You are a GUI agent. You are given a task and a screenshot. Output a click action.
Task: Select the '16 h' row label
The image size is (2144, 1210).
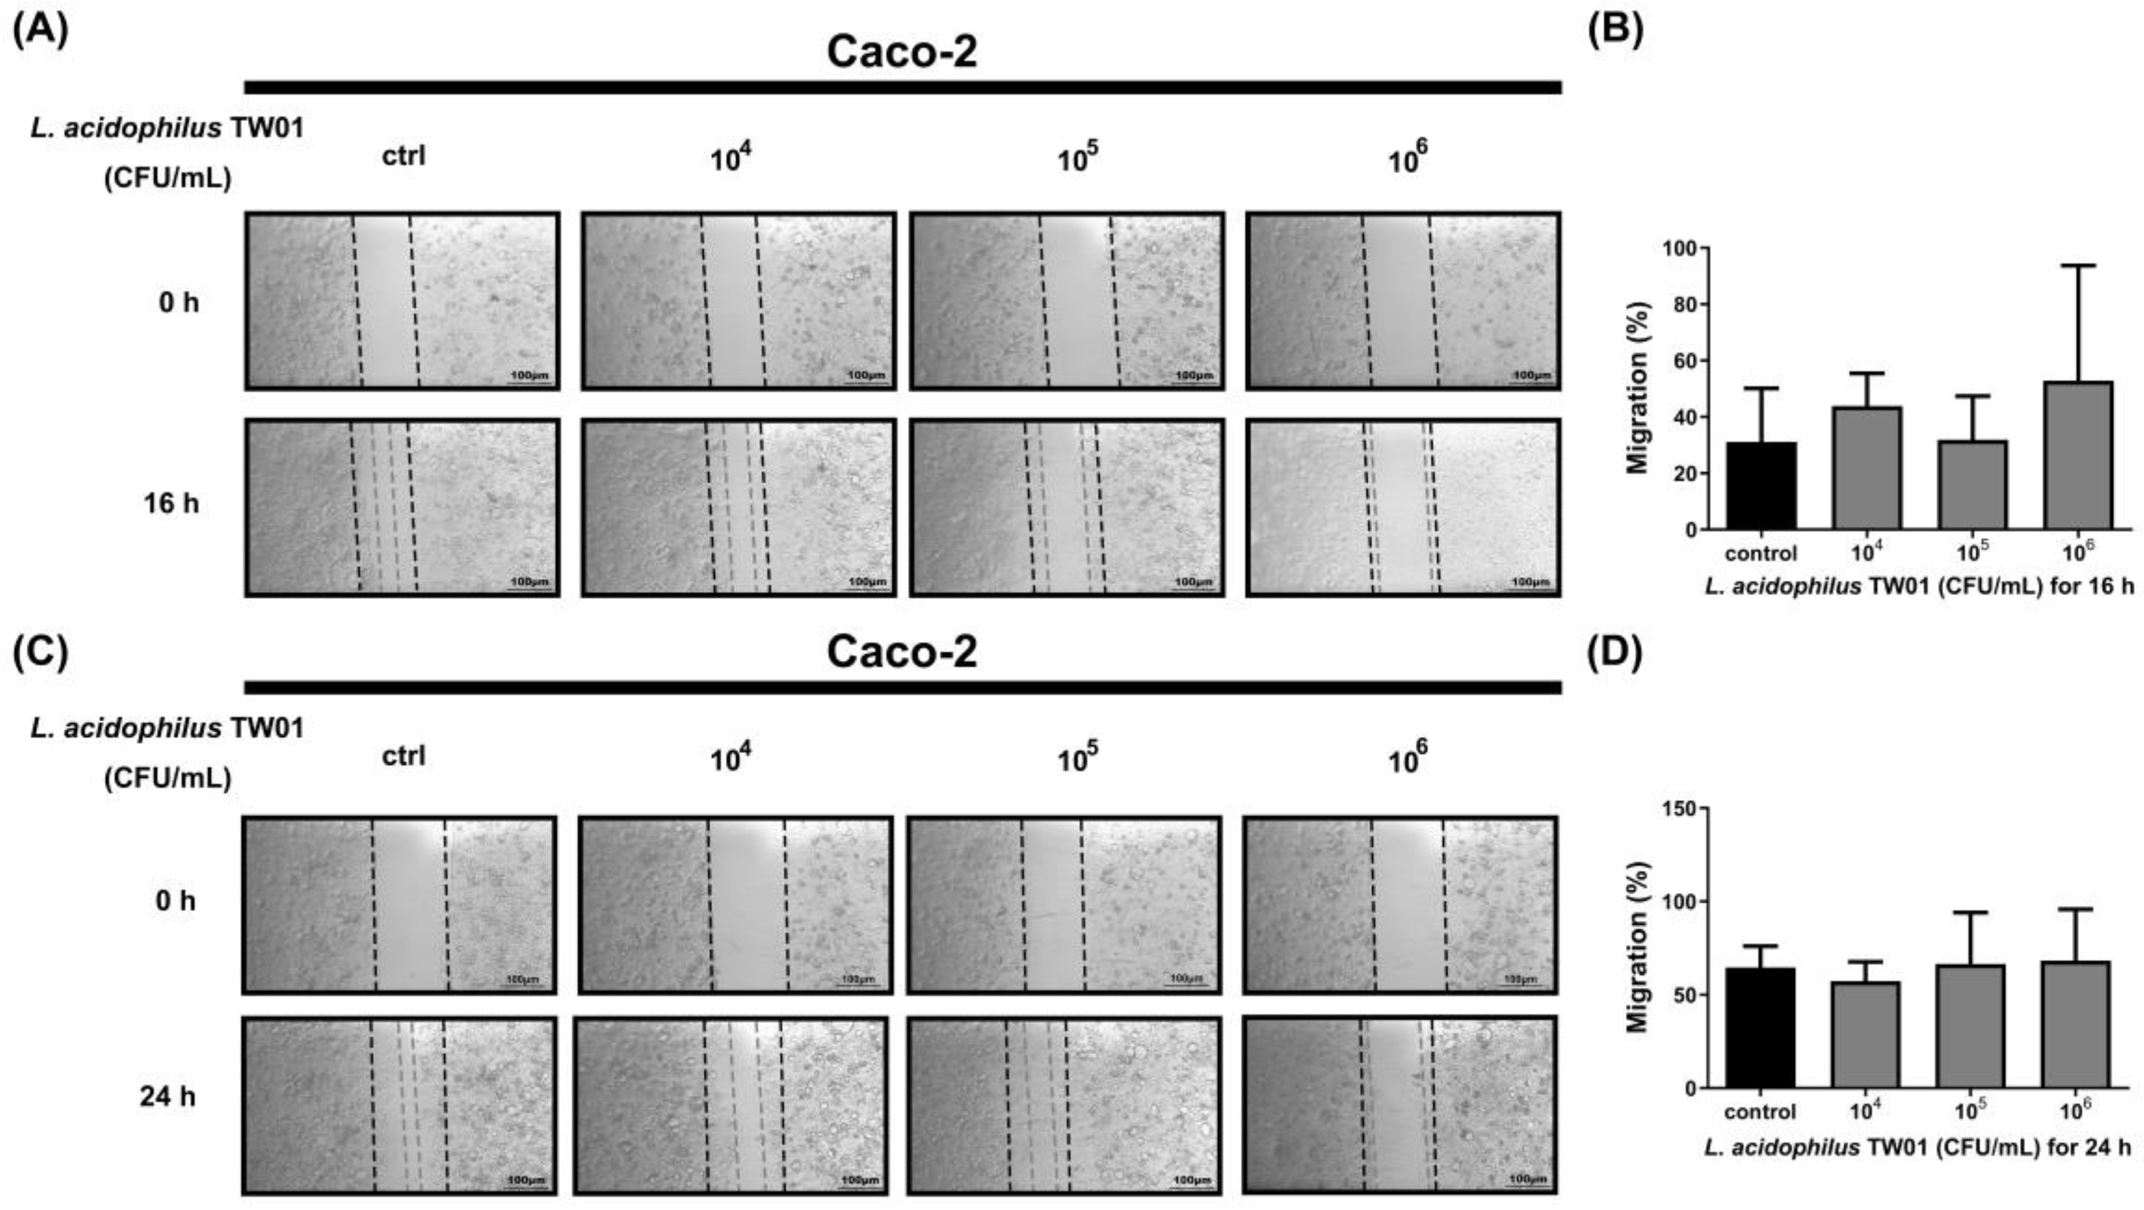[x=172, y=503]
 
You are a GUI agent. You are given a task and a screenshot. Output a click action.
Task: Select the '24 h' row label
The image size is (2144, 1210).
[x=168, y=1096]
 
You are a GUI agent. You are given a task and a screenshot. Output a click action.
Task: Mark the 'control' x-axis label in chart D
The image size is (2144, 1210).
[x=1760, y=1111]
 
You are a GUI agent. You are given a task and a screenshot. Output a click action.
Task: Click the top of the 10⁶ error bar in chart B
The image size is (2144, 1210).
[x=2077, y=266]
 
